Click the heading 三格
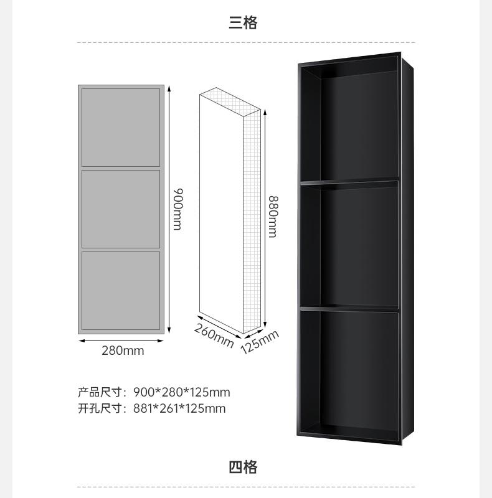point(243,23)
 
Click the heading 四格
point(243,467)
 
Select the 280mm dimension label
point(123,350)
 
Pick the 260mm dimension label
point(214,336)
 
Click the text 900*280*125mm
point(182,392)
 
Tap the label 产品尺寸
point(99,392)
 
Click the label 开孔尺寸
point(99,408)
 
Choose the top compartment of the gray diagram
point(121,127)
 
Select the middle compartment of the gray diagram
point(121,209)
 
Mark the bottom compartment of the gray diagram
point(121,290)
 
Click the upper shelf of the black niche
point(350,182)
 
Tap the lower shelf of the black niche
point(350,307)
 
